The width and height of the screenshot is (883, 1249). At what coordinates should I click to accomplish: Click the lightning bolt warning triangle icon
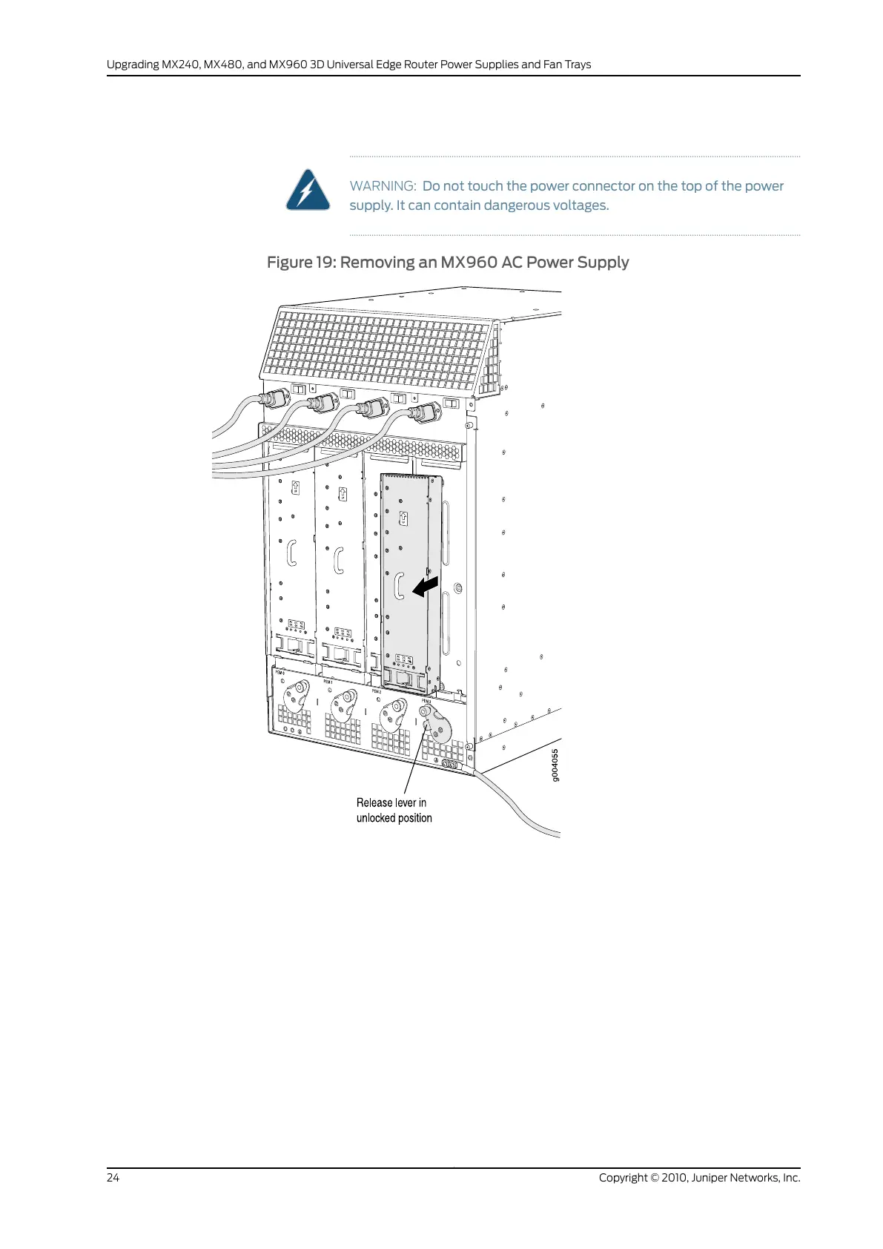coord(308,191)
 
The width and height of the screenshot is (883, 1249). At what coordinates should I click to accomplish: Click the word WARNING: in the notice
coord(383,186)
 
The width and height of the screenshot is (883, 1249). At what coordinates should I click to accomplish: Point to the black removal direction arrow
coord(426,586)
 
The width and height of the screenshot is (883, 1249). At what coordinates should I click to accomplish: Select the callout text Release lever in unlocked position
coord(394,810)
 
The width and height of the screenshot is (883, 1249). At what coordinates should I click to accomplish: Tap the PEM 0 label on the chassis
coord(280,673)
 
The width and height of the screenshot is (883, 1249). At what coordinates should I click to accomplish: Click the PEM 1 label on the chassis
coord(328,681)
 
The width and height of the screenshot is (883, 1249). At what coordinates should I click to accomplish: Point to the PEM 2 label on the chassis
coord(377,691)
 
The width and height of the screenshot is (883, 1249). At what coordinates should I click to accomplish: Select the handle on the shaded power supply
coord(399,586)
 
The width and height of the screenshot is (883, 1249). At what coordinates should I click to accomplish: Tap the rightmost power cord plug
coord(424,413)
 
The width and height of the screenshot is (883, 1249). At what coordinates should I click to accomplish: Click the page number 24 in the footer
coord(113,1178)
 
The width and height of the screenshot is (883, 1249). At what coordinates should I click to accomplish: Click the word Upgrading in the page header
coord(133,65)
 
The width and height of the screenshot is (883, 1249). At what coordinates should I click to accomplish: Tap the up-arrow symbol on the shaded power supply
coord(403,518)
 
